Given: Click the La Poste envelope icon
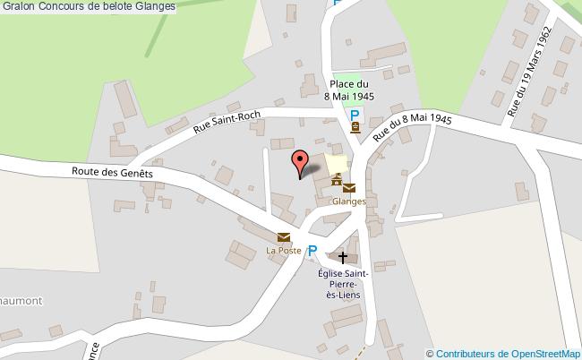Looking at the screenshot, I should click(284, 237).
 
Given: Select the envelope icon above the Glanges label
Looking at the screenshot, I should click(348, 188).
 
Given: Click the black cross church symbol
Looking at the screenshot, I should click(342, 257).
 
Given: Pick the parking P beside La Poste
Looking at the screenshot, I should click(312, 252).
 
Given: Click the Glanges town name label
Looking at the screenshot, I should click(348, 201).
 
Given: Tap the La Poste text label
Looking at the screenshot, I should click(283, 250).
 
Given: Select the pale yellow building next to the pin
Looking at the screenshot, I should click(337, 163).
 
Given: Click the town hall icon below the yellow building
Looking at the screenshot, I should click(336, 182).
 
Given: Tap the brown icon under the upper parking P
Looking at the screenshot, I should click(355, 128).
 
